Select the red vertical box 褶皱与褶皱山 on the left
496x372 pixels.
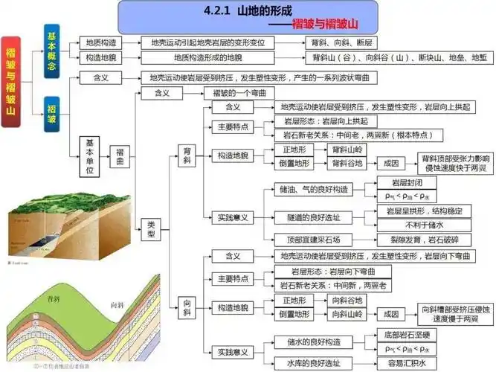[12, 78]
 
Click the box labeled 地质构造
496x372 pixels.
[102, 43]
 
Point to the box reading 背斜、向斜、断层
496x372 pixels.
[350, 43]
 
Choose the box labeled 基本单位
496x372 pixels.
[90, 156]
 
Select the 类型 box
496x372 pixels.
[151, 228]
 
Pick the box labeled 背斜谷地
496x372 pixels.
[347, 163]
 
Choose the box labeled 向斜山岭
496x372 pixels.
[347, 315]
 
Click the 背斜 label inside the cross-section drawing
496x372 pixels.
[54, 298]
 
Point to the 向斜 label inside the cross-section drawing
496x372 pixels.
[117, 305]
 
